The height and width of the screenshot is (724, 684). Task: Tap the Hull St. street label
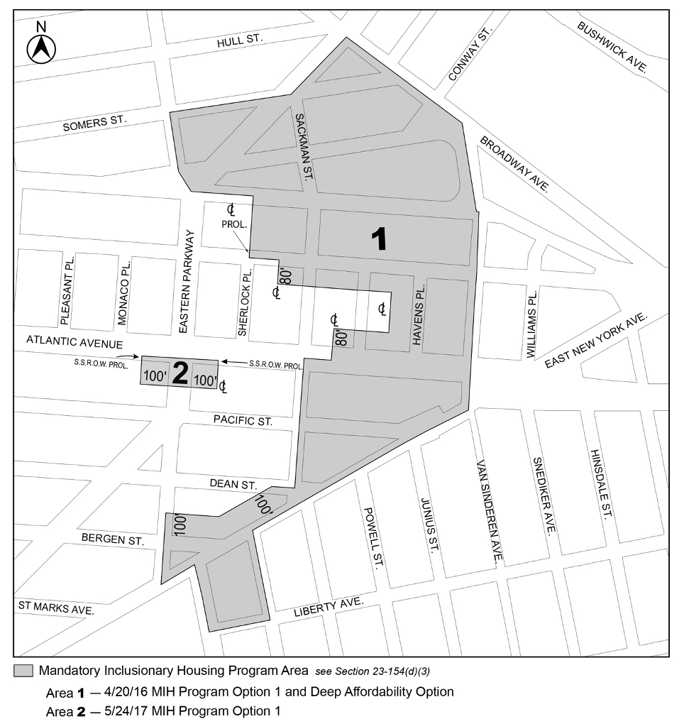click(x=240, y=42)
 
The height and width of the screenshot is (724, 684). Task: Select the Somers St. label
click(x=94, y=124)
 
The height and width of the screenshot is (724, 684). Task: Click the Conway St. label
click(x=470, y=55)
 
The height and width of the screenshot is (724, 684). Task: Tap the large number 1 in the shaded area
click(x=380, y=239)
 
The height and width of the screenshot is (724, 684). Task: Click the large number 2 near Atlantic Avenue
click(x=180, y=374)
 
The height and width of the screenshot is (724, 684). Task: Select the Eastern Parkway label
click(x=186, y=282)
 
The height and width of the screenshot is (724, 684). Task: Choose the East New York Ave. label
click(x=596, y=341)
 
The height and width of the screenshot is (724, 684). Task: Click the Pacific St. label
click(x=243, y=421)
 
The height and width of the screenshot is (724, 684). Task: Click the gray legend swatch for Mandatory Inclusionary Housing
click(x=23, y=671)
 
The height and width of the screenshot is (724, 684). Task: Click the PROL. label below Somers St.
click(x=233, y=224)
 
